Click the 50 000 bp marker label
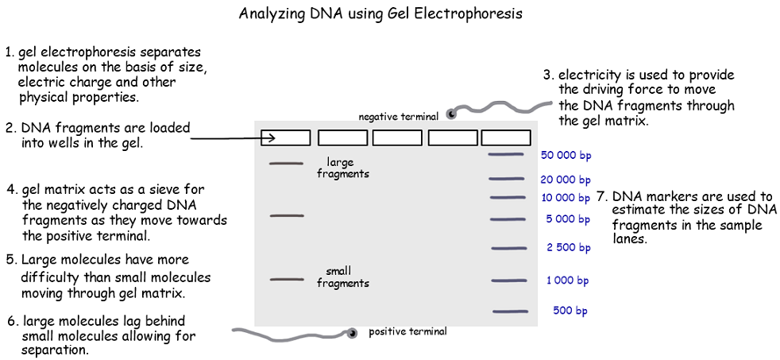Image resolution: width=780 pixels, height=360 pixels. (566, 156)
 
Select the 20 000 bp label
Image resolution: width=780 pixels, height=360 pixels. (566, 180)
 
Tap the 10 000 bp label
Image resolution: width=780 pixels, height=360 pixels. (566, 198)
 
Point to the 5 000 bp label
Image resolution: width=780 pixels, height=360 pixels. (567, 219)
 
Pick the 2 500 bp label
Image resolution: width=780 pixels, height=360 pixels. (568, 248)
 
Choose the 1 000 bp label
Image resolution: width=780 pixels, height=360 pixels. (567, 281)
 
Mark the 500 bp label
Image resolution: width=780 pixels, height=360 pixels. (570, 311)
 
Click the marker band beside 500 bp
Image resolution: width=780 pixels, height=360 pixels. (509, 311)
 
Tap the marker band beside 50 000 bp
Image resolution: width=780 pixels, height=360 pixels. (506, 154)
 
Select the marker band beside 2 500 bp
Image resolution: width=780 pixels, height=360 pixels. (508, 248)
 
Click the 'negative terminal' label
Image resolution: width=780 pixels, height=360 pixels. (398, 117)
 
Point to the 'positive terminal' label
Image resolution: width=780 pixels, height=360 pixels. (407, 331)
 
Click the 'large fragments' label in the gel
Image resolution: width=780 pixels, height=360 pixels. (342, 168)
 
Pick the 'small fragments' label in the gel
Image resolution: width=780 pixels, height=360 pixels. (342, 277)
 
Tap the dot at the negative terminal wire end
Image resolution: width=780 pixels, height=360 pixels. (451, 114)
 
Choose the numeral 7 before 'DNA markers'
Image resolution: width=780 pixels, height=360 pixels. (601, 197)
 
